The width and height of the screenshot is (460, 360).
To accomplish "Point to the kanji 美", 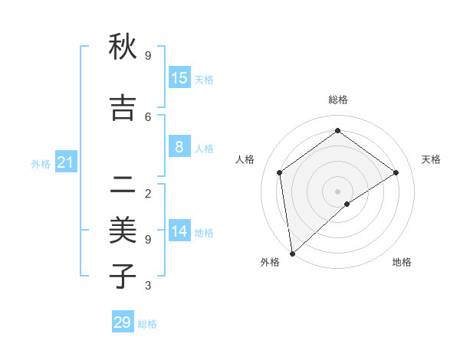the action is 123,229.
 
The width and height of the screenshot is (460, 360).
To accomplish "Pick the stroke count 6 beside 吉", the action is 148,116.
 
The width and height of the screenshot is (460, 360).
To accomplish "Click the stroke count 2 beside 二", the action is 148,193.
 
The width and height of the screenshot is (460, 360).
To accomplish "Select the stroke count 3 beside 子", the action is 148,286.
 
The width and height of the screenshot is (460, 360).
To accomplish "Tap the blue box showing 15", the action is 179,78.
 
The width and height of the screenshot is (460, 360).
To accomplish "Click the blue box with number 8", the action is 179,148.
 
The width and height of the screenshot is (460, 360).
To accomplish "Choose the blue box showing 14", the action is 179,232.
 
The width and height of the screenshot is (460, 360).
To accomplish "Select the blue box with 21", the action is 65,163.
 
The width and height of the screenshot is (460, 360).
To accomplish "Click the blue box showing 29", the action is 123,322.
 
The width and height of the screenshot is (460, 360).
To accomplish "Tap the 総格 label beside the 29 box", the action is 147,324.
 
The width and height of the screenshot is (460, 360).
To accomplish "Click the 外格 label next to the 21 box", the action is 41,164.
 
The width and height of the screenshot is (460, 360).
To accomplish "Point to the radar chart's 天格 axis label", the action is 431,159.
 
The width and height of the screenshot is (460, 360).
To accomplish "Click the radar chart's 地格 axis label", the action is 402,262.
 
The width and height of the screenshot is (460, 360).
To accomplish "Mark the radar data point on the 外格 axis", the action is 291,253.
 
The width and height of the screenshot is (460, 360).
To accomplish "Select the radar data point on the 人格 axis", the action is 280,172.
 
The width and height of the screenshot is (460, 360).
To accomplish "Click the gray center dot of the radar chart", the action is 337,191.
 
